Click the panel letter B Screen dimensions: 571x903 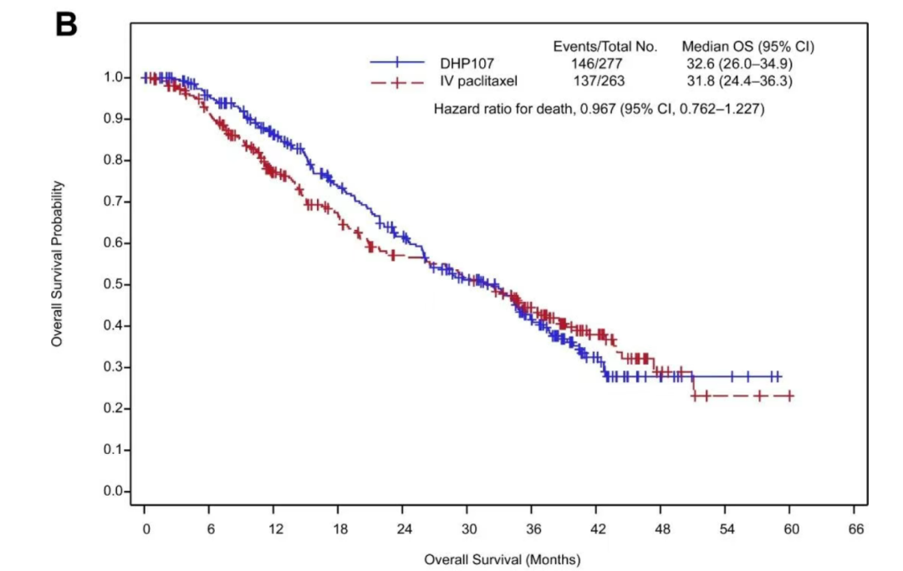pyautogui.click(x=66, y=24)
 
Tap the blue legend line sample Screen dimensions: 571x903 pyautogui.click(x=397, y=63)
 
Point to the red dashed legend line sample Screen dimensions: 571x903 pyautogui.click(x=397, y=81)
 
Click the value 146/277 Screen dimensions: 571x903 pyautogui.click(x=593, y=63)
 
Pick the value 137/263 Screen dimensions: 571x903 pyautogui.click(x=593, y=81)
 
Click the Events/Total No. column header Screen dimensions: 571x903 pyautogui.click(x=605, y=46)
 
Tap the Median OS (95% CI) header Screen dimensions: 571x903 pyautogui.click(x=747, y=46)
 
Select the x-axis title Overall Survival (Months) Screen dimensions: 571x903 pyautogui.click(x=502, y=558)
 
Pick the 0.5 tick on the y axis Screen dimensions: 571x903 pyautogui.click(x=111, y=284)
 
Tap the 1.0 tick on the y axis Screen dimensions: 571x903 pyautogui.click(x=111, y=77)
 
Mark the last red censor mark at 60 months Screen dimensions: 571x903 pyautogui.click(x=788, y=395)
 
